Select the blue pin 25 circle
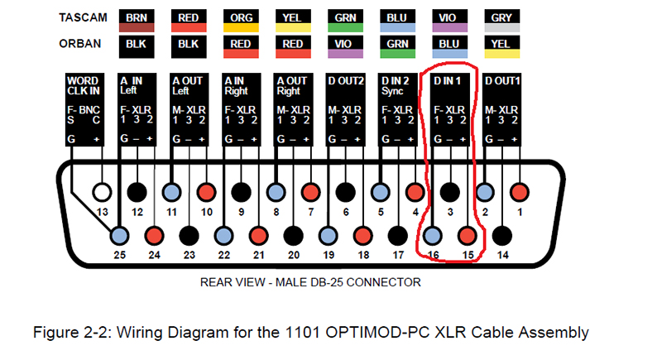point(120,235)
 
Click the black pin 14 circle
point(501,235)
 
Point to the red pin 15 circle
point(468,235)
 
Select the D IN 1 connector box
point(451,110)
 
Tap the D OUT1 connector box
point(503,110)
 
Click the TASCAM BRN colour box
point(135,21)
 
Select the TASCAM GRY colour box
point(501,21)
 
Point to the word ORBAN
point(79,43)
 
